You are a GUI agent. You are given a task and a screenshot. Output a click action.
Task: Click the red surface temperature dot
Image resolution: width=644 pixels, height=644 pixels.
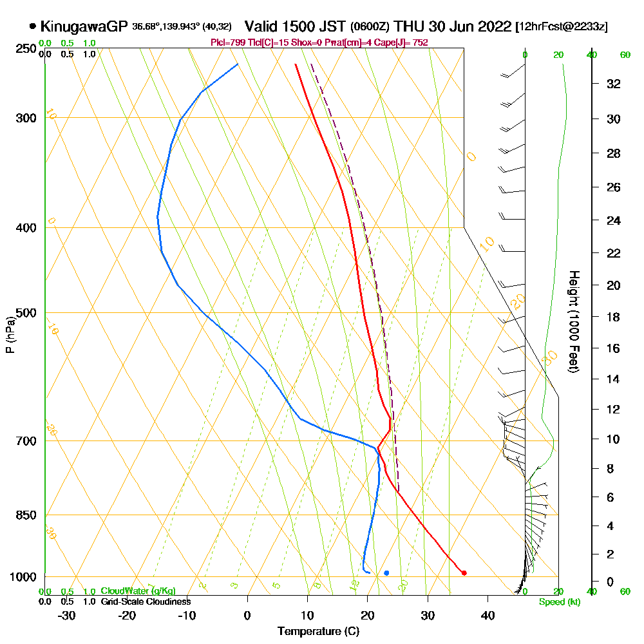pos(464,573)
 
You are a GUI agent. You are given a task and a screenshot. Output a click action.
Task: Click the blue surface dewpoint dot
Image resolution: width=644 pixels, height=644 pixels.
pos(386,573)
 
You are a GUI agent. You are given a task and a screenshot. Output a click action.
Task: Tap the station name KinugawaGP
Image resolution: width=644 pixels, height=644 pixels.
pos(84,26)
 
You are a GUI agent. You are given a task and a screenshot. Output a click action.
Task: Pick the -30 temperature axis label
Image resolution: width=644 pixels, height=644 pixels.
pos(67,616)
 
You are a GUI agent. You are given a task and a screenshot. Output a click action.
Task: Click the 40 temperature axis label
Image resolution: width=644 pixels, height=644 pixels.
pos(488,616)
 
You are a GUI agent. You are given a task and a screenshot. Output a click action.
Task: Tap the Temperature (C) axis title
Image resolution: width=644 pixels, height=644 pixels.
pos(318,632)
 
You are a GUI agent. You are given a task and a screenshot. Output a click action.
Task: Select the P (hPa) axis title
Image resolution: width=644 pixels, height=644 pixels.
pos(10,335)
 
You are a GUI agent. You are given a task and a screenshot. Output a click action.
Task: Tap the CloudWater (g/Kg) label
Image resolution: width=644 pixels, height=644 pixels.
pos(138,591)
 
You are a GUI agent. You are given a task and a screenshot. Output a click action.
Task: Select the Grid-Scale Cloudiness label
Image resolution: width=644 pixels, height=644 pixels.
pos(145,601)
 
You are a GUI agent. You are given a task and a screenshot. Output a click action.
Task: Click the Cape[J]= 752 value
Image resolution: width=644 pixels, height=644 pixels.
pos(406,43)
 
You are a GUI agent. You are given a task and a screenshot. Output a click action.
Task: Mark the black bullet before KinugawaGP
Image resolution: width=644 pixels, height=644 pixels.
pos(32,26)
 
